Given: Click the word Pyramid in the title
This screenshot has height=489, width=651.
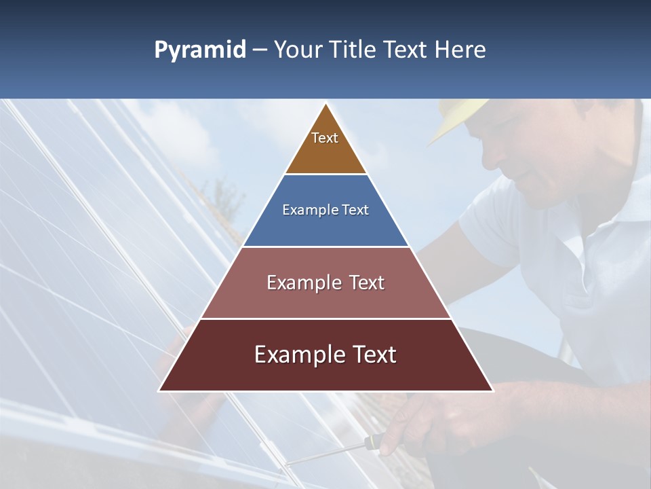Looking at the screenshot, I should [200, 50].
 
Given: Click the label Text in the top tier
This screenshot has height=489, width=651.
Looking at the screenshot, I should [325, 138].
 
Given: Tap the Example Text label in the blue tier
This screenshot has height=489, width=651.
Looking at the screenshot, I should [325, 210].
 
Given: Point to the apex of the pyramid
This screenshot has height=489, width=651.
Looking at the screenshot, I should [325, 104].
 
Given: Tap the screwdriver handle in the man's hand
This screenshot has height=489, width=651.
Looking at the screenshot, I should [371, 442].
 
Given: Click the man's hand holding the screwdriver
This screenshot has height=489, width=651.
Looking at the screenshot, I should [407, 424].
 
